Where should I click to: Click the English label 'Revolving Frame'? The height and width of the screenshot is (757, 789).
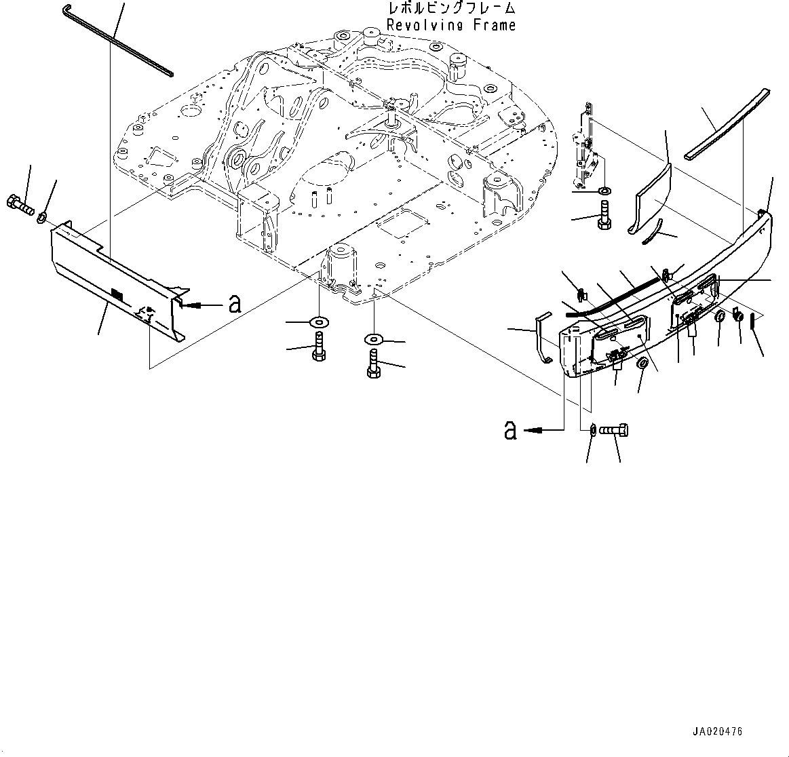click(450, 25)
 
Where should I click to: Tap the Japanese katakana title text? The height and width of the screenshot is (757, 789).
click(450, 9)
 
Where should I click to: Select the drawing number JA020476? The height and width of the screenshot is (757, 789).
click(717, 732)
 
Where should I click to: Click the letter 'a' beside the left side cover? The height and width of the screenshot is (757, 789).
click(235, 305)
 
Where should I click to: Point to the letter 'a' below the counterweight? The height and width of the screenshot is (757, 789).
click(509, 429)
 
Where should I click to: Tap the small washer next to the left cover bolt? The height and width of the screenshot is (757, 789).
click(41, 218)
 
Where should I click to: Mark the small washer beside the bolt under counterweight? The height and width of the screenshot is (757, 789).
click(593, 429)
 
